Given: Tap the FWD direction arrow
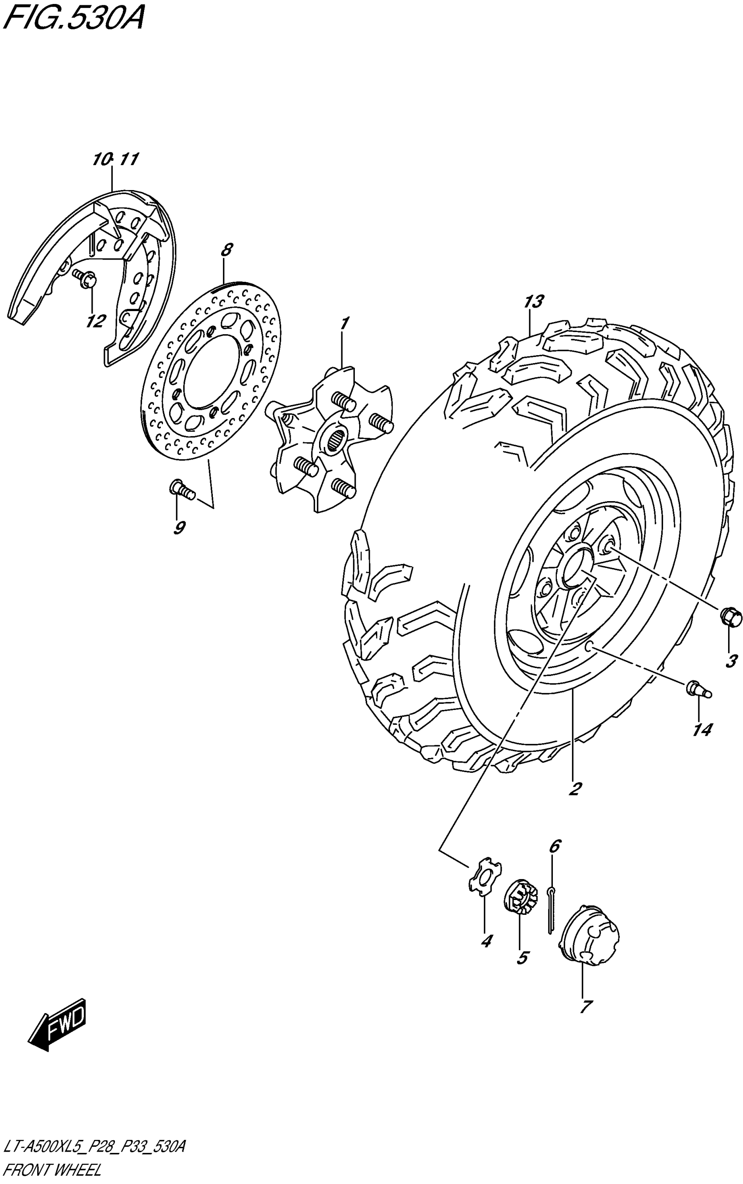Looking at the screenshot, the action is [x=58, y=1025].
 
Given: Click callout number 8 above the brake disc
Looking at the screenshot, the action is [x=226, y=250].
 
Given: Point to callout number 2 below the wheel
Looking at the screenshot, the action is [x=574, y=788].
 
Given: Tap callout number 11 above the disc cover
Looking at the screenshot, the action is [x=129, y=159].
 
